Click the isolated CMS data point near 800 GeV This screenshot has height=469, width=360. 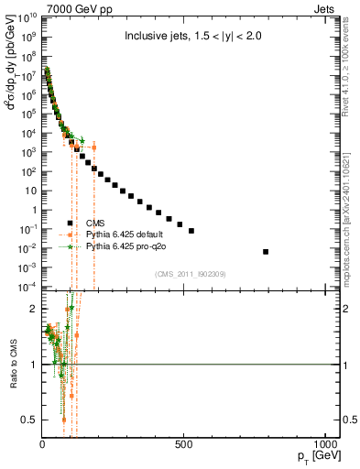[266, 251]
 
